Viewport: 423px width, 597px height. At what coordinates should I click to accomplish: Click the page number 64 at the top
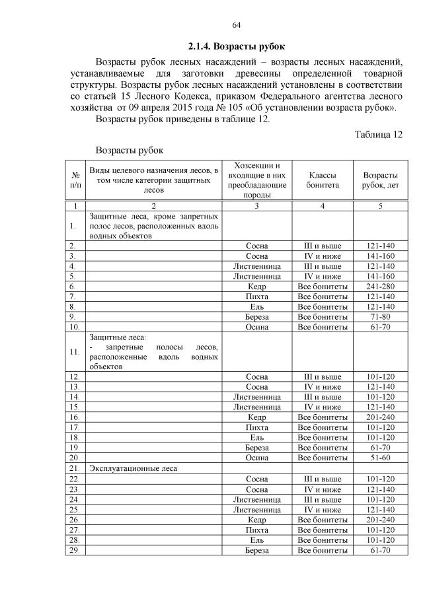(236, 25)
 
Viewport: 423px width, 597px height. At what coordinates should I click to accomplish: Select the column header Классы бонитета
(323, 180)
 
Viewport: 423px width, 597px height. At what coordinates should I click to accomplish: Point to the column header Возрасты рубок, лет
(380, 180)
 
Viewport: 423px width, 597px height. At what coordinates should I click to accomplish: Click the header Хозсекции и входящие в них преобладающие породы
(256, 180)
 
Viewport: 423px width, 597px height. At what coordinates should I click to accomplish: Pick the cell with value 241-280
(380, 287)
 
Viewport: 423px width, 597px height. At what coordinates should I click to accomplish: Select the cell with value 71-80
(380, 316)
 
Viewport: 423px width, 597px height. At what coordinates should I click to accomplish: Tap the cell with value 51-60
(380, 458)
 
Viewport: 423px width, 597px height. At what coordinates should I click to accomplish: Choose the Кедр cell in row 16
(256, 417)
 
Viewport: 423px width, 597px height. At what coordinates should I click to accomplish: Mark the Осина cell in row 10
(256, 326)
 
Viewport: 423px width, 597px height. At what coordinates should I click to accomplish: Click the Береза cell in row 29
(256, 549)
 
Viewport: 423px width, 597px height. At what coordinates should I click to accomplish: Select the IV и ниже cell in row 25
(323, 509)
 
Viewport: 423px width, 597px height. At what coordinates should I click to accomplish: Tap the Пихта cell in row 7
(256, 297)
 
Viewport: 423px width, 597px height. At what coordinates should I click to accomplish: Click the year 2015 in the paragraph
(190, 108)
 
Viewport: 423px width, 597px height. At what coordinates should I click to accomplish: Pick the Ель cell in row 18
(256, 437)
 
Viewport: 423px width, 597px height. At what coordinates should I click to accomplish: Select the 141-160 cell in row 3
(380, 256)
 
